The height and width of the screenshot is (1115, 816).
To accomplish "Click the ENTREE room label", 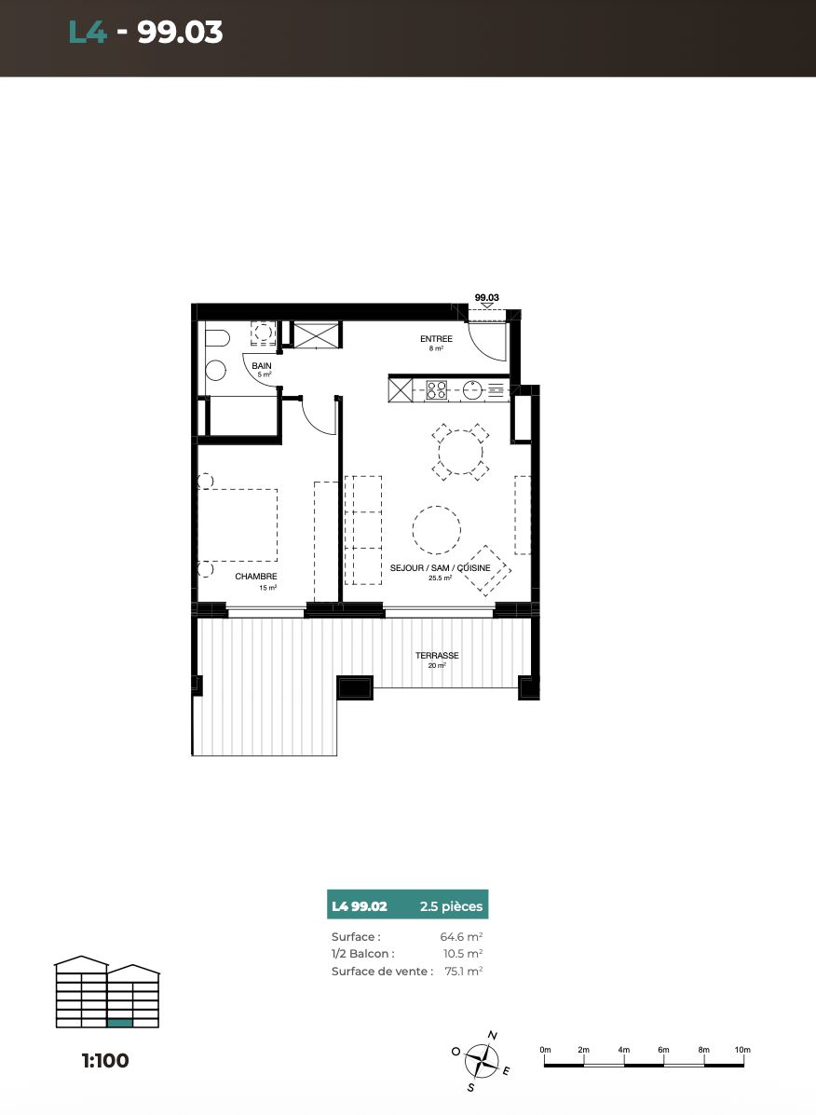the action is click(x=436, y=339).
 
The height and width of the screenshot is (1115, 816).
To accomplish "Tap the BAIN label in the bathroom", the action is click(x=262, y=365).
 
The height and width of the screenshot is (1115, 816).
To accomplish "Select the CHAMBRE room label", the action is click(x=256, y=577).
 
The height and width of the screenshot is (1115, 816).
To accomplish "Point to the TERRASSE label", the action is click(x=437, y=656).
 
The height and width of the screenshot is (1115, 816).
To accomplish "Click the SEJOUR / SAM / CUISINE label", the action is click(x=440, y=568).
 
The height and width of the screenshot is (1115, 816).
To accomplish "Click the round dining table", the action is click(x=460, y=453).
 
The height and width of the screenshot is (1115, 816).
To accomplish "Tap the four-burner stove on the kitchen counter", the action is click(x=437, y=389).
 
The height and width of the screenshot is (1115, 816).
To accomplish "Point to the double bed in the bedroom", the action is click(x=238, y=524).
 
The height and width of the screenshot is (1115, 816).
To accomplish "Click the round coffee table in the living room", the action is click(x=436, y=530).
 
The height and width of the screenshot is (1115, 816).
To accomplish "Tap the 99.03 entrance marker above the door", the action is click(x=487, y=298).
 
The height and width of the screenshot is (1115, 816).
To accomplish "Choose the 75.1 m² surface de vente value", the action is click(x=464, y=971).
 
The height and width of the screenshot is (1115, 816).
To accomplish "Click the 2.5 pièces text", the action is click(x=451, y=906).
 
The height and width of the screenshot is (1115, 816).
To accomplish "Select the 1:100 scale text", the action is click(x=105, y=1060).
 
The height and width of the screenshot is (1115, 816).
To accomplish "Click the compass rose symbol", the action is click(x=482, y=1062).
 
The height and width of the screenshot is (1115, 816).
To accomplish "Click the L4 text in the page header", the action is click(x=88, y=32).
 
